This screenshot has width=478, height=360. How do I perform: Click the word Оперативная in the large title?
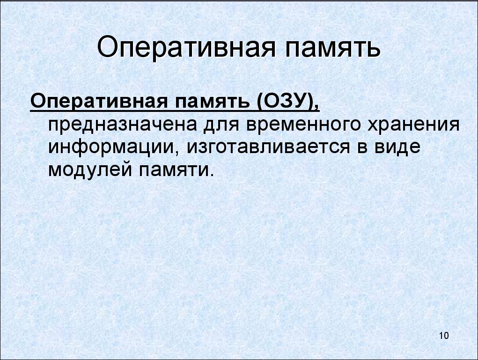click(x=186, y=48)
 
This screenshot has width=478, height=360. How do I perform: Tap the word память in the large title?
click(x=333, y=49)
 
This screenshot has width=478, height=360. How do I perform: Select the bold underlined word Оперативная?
click(x=99, y=101)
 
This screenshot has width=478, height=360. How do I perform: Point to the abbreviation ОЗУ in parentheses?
click(x=286, y=101)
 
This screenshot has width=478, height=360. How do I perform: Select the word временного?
click(x=304, y=125)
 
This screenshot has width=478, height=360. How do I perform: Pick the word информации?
click(x=113, y=147)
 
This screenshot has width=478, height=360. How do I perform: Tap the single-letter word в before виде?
click(x=362, y=148)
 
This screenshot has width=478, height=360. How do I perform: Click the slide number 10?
click(x=444, y=336)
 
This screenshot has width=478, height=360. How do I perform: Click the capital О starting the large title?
click(x=108, y=48)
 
